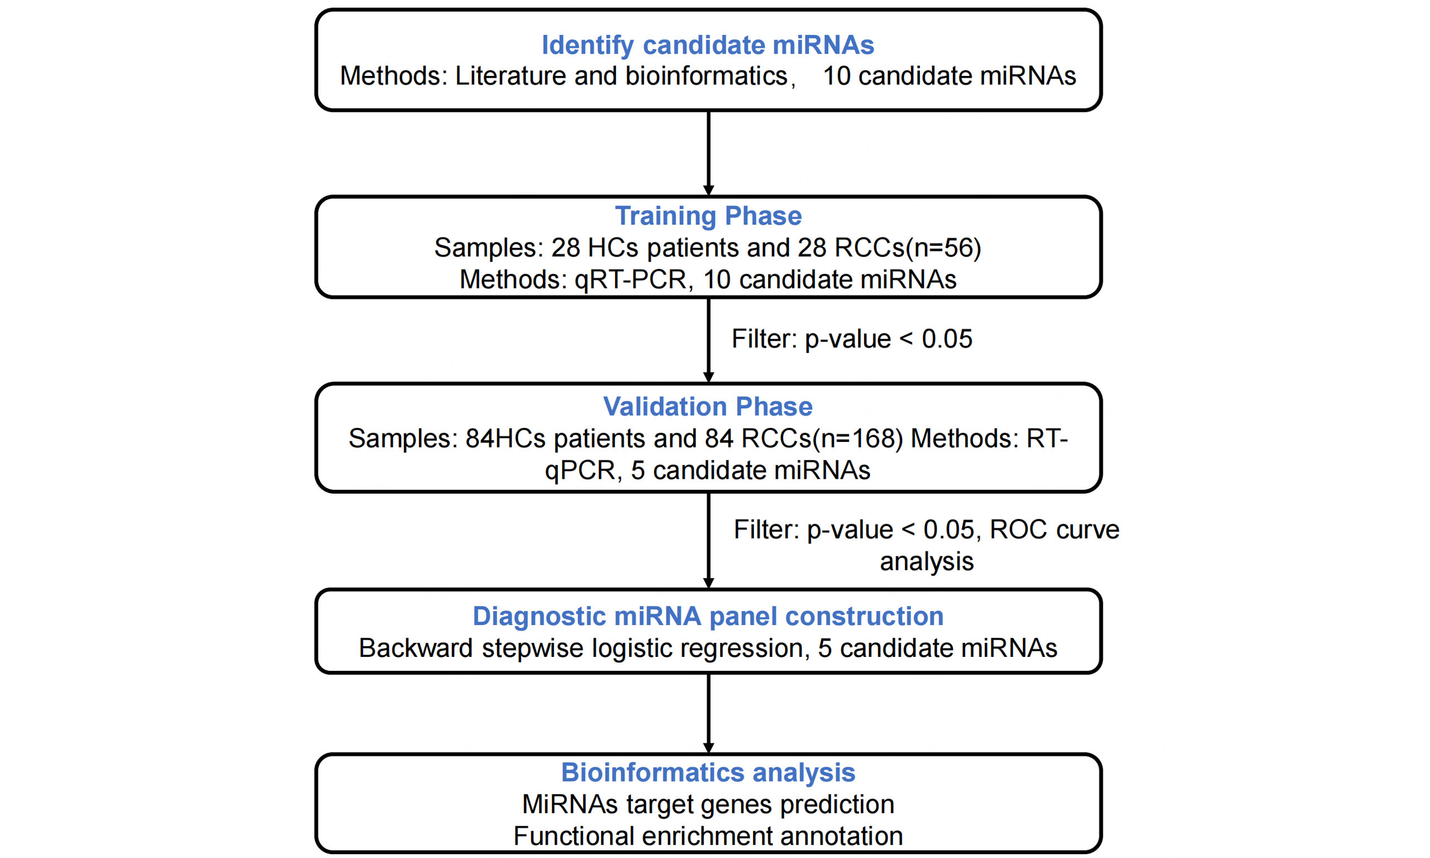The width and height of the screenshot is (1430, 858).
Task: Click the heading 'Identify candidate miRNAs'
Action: (708, 46)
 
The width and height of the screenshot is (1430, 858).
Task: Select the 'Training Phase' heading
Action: (708, 216)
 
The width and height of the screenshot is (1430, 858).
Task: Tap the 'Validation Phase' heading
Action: (708, 407)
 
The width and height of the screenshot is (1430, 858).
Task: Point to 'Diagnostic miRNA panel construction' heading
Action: (708, 616)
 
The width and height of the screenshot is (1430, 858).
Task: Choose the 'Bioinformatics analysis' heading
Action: (708, 773)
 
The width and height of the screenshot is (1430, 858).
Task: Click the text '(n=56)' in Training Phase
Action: (943, 248)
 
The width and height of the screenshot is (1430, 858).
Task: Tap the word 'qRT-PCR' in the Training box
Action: (631, 280)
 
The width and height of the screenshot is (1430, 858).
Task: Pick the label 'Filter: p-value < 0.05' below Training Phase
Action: (852, 339)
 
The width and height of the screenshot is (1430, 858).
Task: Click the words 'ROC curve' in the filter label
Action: (1054, 530)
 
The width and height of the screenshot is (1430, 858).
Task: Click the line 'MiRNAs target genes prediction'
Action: (708, 805)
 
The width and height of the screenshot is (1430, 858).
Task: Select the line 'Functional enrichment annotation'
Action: (708, 836)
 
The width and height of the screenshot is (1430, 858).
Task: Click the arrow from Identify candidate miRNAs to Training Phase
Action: (709, 153)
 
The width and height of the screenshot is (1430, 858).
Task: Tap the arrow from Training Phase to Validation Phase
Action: (709, 341)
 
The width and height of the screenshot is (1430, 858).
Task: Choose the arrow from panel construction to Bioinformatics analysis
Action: (709, 713)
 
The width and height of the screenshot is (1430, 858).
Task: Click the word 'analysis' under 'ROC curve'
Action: (927, 562)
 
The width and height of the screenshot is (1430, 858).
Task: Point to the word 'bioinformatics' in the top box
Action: (706, 77)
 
